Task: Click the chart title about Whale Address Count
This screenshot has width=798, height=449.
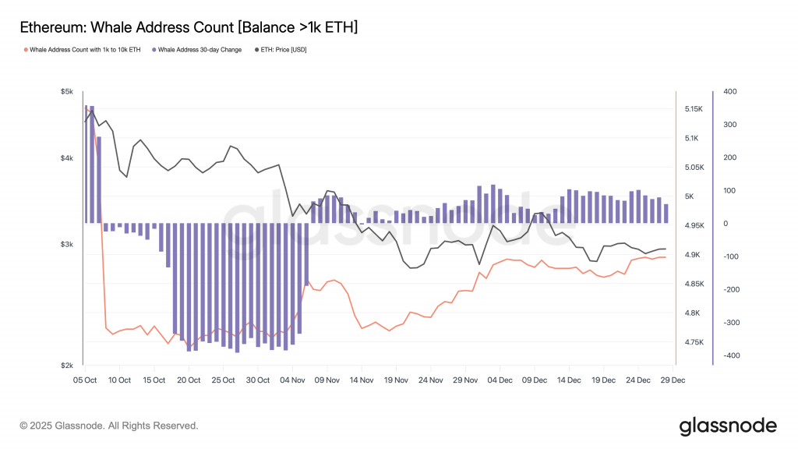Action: click(x=188, y=27)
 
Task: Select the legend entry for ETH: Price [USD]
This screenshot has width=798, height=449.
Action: click(x=289, y=50)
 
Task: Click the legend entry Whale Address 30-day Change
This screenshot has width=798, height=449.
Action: click(x=198, y=50)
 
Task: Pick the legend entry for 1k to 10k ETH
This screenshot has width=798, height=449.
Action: click(x=83, y=50)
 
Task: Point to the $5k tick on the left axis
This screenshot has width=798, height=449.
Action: click(x=66, y=92)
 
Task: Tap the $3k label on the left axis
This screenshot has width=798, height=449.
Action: click(x=66, y=245)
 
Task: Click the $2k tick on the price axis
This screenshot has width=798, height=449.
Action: click(x=66, y=365)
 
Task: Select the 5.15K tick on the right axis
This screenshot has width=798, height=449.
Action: click(x=694, y=109)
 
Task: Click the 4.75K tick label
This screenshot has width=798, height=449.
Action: click(x=694, y=342)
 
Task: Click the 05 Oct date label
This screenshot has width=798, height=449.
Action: click(x=85, y=380)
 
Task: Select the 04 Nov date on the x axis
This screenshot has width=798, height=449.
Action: click(x=292, y=380)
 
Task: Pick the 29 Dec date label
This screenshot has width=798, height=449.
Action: click(x=673, y=380)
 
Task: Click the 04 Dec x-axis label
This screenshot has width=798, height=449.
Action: click(x=500, y=380)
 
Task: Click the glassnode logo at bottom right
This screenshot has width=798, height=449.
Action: click(x=728, y=426)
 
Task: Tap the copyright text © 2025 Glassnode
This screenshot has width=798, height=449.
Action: click(x=109, y=426)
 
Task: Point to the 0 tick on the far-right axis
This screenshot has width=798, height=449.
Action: click(x=725, y=224)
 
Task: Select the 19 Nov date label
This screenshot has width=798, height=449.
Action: click(x=396, y=380)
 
